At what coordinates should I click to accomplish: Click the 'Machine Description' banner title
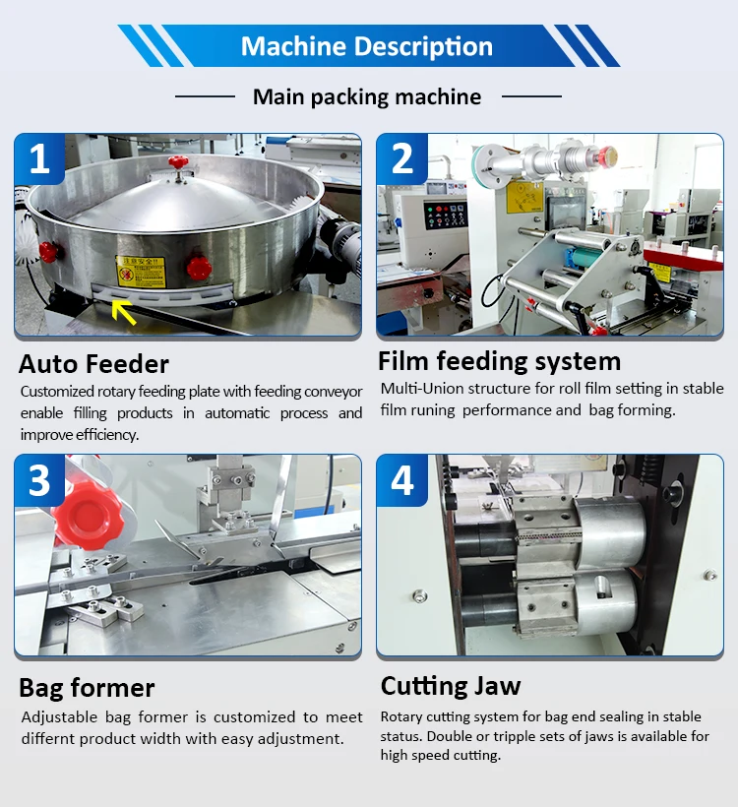point(367,46)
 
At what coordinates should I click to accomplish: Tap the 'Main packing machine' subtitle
point(367,96)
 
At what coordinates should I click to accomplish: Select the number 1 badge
point(39,158)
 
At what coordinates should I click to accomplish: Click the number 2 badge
point(401,158)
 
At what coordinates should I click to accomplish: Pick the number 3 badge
point(39,480)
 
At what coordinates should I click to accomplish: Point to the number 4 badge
point(401,480)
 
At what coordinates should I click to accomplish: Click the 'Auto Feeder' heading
point(93,364)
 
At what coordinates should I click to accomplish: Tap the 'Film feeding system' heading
point(499,360)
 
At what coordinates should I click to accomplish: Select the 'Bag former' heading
point(87,687)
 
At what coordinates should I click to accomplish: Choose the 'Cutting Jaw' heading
point(451,685)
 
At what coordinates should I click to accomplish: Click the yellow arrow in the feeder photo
point(123,311)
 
